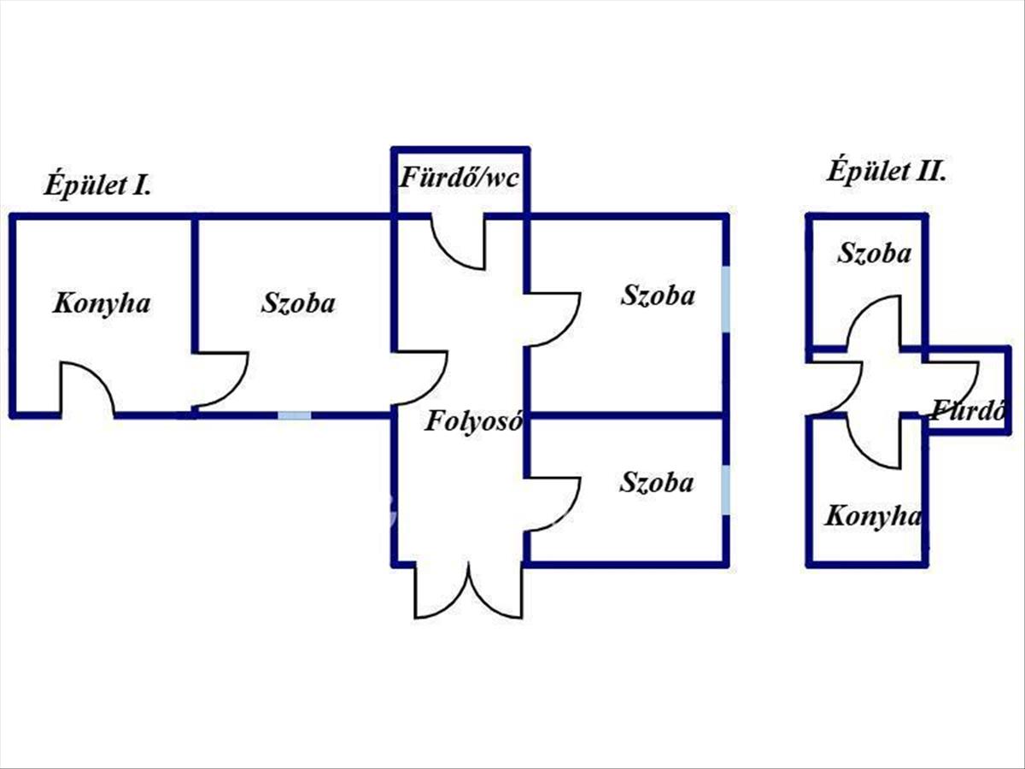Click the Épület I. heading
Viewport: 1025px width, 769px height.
[x=97, y=185]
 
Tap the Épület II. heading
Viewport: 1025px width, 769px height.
[x=887, y=173]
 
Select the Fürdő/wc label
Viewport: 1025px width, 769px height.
[x=459, y=178]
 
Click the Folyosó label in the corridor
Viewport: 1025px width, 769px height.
[x=473, y=421]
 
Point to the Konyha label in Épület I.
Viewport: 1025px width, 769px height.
[x=102, y=304]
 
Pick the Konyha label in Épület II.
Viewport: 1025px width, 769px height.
[x=872, y=516]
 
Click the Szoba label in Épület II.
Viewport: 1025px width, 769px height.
[x=874, y=254]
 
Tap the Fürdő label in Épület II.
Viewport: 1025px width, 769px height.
[x=968, y=411]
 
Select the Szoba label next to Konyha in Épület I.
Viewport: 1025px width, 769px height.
[x=298, y=303]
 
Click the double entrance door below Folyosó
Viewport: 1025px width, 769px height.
[x=468, y=590]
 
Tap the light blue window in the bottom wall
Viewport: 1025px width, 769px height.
[x=295, y=415]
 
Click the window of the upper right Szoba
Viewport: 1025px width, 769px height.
[x=725, y=299]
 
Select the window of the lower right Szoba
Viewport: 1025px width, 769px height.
[x=725, y=490]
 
